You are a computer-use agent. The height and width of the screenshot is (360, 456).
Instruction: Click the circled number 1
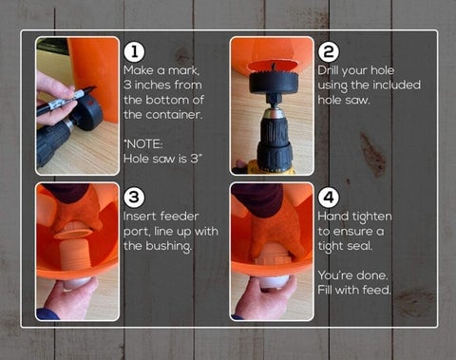(135, 52)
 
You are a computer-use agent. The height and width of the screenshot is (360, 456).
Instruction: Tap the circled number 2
(329, 52)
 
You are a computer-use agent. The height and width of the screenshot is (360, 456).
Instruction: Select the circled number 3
(135, 198)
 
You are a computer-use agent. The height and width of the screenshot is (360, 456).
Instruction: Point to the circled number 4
(329, 198)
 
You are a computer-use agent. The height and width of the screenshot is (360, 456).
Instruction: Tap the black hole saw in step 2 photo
(274, 82)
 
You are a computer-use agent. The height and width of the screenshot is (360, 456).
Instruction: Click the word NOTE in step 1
(144, 144)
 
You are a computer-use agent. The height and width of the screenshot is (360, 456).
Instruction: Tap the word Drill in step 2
(327, 70)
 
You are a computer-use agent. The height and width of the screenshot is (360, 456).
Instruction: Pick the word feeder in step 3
(180, 217)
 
